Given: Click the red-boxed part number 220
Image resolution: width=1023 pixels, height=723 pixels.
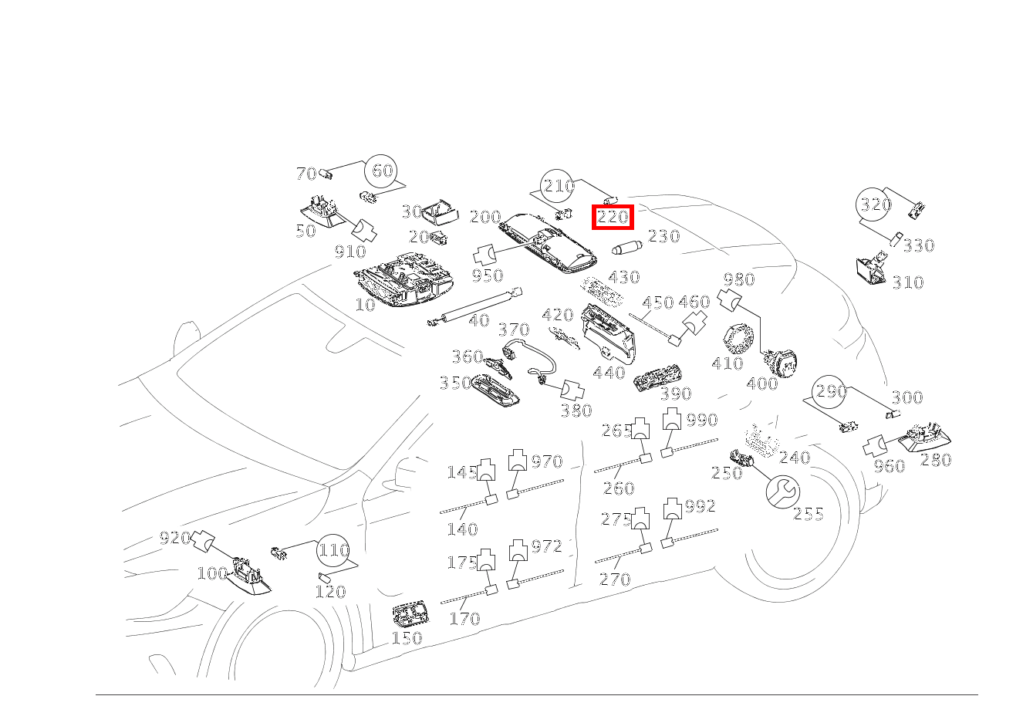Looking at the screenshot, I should point(613,218).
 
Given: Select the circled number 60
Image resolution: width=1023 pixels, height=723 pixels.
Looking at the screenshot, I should point(383,171).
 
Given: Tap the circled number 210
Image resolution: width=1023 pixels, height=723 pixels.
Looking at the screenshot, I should point(558,186).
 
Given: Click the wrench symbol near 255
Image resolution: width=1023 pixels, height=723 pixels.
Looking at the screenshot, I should point(783,491).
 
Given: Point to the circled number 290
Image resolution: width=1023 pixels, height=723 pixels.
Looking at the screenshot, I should point(831,392).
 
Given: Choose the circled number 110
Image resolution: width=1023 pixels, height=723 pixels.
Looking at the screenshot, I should point(334,550).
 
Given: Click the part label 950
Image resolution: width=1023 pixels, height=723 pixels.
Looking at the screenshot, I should point(488,275).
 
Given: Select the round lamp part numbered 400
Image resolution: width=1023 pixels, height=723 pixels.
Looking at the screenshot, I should point(782,362).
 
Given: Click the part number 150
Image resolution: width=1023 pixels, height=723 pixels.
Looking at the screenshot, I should point(407,638).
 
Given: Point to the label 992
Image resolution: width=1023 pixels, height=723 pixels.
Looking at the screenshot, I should point(700,506).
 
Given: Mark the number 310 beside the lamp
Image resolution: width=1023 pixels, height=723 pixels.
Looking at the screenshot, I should point(907,282).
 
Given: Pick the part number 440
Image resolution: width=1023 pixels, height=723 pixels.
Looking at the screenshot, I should point(609,373).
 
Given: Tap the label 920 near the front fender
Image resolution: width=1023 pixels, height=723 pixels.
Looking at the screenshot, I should point(174,537).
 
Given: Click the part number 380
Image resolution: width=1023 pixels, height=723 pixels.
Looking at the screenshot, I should point(576,410).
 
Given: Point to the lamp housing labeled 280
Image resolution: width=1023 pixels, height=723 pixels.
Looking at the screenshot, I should point(926,437).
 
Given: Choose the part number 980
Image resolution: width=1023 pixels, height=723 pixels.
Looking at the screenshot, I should point(739,279).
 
